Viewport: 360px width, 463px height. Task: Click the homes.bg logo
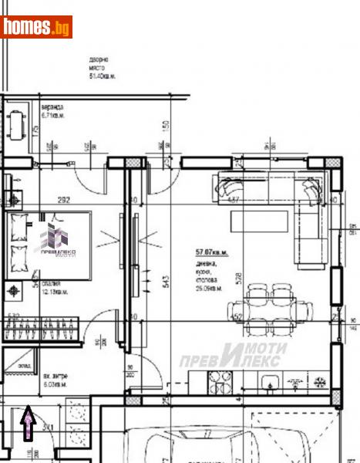(x=36, y=27)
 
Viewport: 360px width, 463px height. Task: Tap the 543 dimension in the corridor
(x=166, y=282)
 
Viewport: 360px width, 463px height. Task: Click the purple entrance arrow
(x=29, y=424)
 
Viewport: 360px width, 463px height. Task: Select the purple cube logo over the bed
(x=54, y=237)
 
